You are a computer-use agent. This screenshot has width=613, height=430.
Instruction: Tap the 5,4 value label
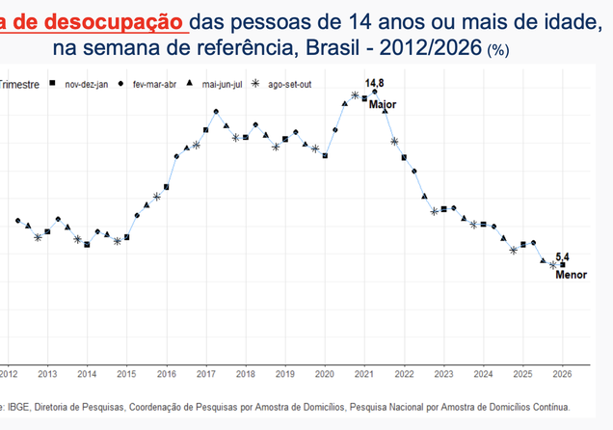click(563, 256)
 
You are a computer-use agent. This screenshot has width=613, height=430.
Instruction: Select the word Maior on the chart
click(383, 104)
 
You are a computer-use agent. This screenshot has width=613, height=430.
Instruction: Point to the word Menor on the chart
click(571, 275)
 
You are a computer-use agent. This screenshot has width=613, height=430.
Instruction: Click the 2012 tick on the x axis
click(8, 373)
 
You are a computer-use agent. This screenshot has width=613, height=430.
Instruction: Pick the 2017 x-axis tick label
click(206, 373)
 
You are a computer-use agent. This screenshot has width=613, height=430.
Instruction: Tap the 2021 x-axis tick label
click(364, 373)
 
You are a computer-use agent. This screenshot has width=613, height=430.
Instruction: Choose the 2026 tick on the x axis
click(562, 373)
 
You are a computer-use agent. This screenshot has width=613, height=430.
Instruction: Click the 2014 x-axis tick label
click(87, 373)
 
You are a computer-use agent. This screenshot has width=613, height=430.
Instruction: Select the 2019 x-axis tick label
click(285, 373)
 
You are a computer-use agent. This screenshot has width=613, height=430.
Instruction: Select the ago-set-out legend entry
click(287, 85)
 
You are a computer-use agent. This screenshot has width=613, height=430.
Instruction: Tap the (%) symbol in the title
click(499, 49)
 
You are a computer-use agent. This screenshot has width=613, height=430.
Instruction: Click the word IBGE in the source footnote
click(22, 407)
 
